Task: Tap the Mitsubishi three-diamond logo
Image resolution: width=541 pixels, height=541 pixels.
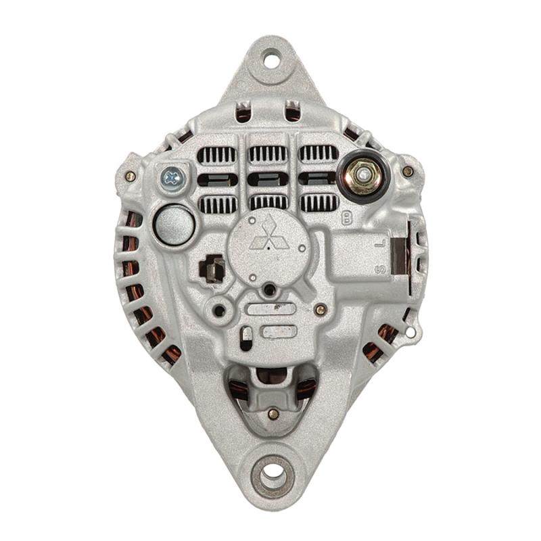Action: pyautogui.click(x=269, y=235)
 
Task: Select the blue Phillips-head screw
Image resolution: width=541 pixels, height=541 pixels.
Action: pyautogui.click(x=172, y=177)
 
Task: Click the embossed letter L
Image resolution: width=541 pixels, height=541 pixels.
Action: pyautogui.click(x=379, y=244)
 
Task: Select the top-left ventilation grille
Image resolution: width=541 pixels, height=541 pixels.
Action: pyautogui.click(x=216, y=154)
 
